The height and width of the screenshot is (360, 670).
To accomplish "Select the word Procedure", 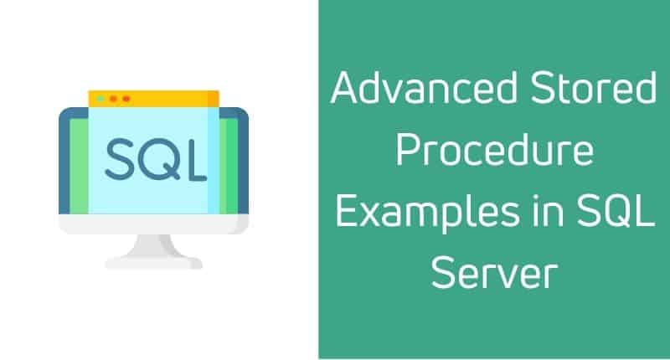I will click(494, 154).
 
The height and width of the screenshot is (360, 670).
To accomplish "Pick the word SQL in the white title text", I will click(616, 215).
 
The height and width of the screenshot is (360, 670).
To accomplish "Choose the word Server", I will click(494, 277).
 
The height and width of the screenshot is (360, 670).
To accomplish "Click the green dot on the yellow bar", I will click(100, 98).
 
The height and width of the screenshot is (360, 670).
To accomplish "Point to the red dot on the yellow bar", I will click(126, 98).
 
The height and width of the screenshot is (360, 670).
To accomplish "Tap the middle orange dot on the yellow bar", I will click(113, 98).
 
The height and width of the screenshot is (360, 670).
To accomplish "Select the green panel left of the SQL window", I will click(77, 163).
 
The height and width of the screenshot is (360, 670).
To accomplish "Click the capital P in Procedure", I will click(407, 153).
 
